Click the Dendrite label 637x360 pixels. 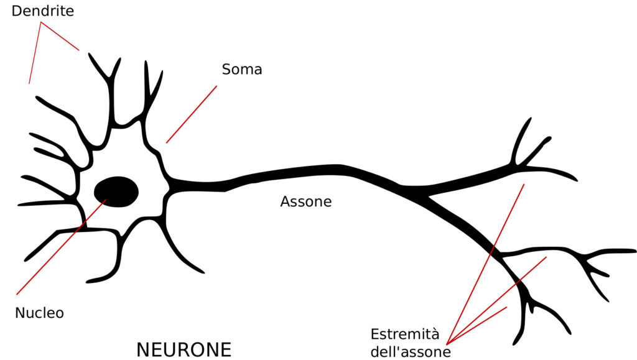42,12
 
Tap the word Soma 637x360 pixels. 241,70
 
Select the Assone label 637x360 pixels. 305,201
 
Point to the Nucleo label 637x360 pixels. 39,313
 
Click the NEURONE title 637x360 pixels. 184,349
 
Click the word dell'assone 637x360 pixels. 410,352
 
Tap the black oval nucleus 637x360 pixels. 116,191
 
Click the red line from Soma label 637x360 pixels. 191,115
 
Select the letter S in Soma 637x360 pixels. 226,70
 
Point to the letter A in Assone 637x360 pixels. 285,201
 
